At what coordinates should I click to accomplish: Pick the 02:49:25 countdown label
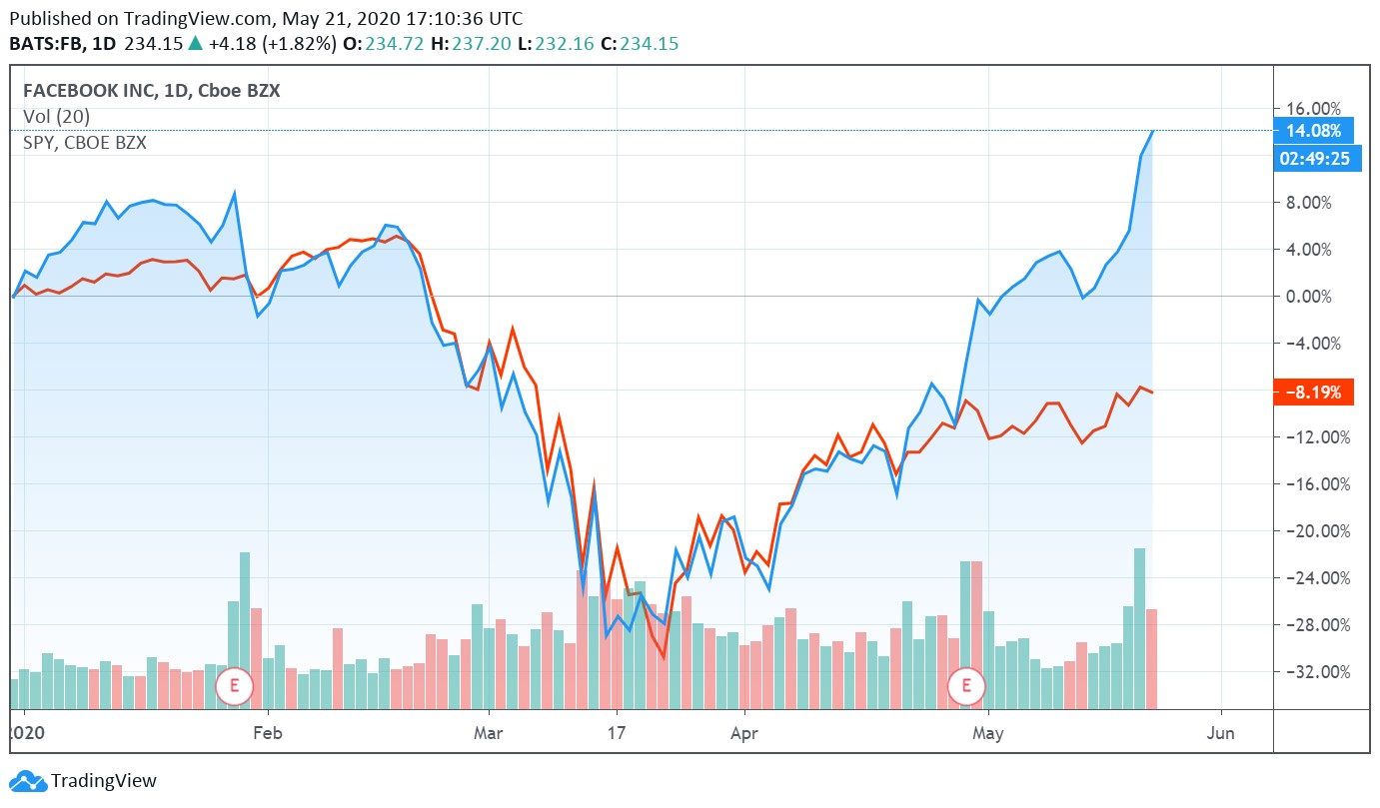point(1317,159)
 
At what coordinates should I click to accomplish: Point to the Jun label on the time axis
point(1221,733)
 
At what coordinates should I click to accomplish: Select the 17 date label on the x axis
point(617,733)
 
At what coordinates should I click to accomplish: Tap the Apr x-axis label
point(744,733)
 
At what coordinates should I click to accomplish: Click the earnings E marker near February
point(235,685)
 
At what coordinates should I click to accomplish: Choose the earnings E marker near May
point(966,685)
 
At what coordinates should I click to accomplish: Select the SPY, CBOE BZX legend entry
point(85,143)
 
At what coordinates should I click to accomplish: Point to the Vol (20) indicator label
point(56,117)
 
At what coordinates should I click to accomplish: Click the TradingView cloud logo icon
point(27,781)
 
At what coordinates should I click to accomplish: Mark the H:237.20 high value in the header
point(471,44)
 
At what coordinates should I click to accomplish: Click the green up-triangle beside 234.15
point(195,44)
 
